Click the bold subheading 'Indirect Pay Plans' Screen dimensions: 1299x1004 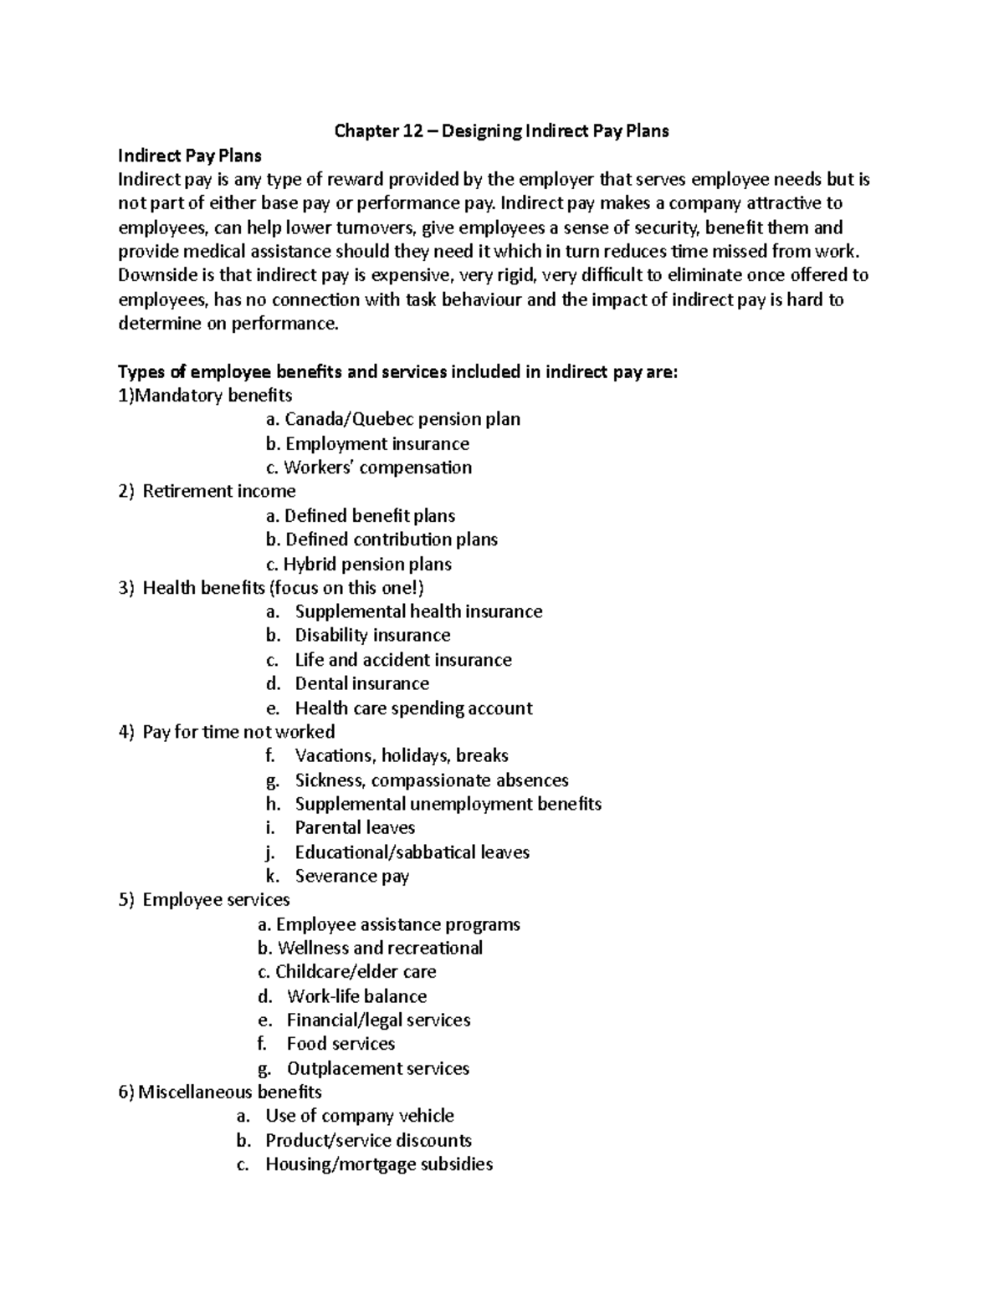point(190,156)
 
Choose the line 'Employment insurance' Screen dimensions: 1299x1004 point(376,443)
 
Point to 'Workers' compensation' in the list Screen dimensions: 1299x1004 point(377,468)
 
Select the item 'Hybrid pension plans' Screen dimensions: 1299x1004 point(367,564)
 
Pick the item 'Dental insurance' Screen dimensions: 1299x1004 point(361,683)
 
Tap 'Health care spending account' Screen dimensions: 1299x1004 point(413,708)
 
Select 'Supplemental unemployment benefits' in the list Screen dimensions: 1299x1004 point(448,804)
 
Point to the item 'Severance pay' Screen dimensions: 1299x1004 point(351,877)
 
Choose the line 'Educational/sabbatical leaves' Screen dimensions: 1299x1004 point(412,852)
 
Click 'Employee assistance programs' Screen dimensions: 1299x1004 point(397,924)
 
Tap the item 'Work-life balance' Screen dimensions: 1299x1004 point(356,996)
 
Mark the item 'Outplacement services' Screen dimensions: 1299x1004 point(377,1068)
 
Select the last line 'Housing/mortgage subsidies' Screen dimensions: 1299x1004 point(379,1164)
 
